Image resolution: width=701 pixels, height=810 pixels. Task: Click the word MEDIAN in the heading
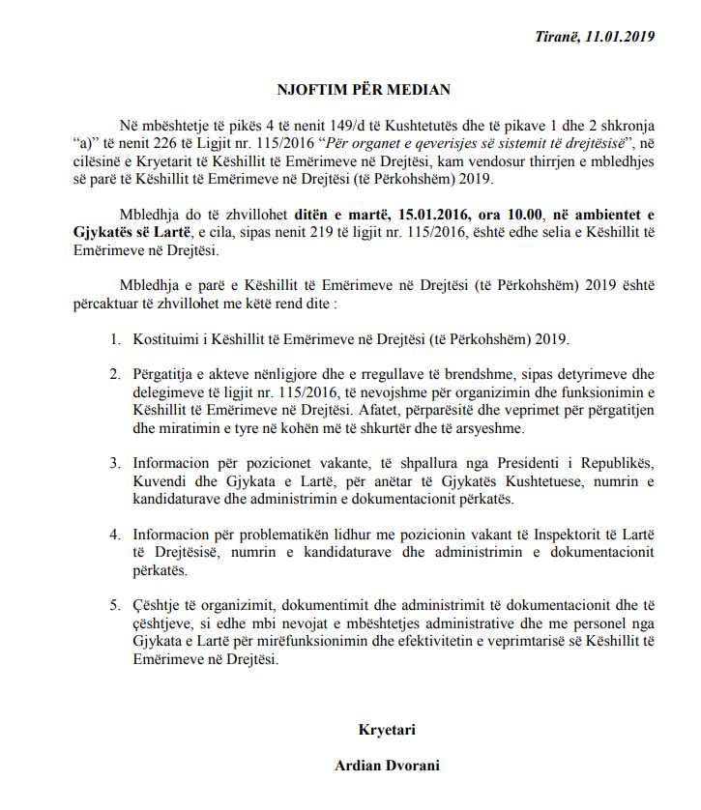[x=418, y=90]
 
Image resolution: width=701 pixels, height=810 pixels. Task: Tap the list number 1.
[x=114, y=339]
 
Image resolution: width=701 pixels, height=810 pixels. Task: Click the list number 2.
[x=114, y=374]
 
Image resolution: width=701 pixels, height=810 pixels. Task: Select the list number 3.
[x=114, y=461]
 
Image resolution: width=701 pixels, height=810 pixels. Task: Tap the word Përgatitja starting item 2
[x=165, y=374]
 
